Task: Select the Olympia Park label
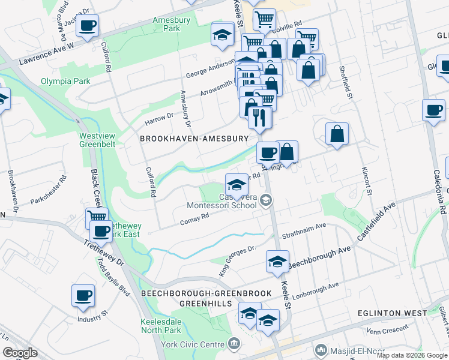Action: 60,81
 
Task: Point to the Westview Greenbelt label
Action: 97,140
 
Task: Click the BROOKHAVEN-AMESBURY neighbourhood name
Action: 194,139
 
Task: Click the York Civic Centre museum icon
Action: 235,344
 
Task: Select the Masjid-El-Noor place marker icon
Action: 322,349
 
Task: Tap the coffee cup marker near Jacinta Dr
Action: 87,26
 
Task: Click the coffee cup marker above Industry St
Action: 83,295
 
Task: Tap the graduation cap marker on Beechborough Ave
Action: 277,262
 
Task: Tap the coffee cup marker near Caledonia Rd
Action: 433,110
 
